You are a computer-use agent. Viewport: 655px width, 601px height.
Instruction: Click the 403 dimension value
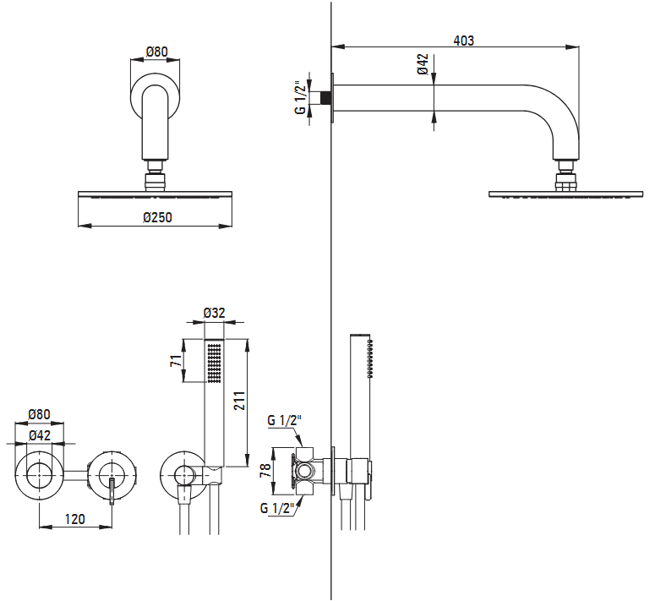[464, 41]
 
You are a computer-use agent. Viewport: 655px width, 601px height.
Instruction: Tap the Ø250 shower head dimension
[157, 217]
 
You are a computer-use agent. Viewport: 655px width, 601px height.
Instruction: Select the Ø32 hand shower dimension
[215, 313]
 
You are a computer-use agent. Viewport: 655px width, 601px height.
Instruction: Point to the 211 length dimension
[239, 400]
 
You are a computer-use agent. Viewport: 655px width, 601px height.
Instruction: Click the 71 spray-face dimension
[177, 360]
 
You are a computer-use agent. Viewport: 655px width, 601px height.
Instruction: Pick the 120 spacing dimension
[74, 519]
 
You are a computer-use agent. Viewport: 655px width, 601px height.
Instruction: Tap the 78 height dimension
[265, 470]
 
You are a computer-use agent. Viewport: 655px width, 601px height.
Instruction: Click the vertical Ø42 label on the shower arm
[423, 64]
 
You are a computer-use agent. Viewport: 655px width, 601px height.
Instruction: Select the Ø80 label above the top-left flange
[157, 52]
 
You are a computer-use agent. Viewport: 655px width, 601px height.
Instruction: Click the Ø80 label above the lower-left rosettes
[39, 414]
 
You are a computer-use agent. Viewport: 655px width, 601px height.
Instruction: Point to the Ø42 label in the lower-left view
[40, 435]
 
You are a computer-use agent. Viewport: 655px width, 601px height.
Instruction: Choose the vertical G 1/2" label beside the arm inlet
[300, 97]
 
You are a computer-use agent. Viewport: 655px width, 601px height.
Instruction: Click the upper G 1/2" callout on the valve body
[284, 420]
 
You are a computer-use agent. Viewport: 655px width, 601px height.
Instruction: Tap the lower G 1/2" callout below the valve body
[277, 508]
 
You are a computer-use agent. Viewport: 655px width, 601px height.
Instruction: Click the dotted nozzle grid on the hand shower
[215, 363]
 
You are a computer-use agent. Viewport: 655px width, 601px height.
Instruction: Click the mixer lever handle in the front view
[112, 492]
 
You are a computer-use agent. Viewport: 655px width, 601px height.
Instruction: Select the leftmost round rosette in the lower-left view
[39, 475]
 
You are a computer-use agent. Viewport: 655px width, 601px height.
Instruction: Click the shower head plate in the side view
[566, 194]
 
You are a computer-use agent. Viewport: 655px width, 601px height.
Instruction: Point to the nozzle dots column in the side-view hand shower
[369, 359]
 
